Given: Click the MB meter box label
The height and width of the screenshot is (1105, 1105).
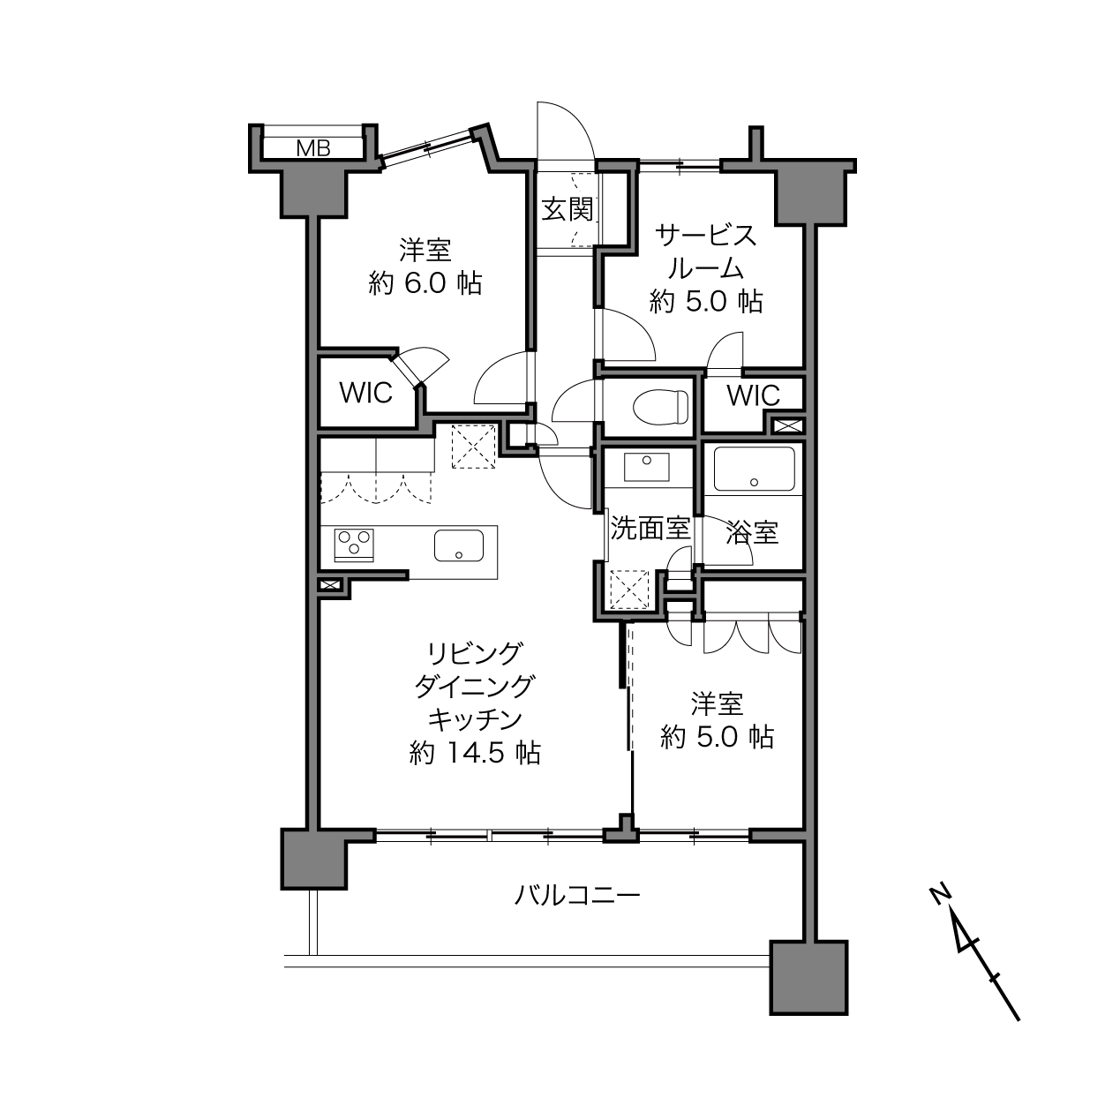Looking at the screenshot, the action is click(x=313, y=148).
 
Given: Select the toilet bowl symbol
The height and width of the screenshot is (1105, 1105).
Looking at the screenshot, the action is click(x=660, y=407).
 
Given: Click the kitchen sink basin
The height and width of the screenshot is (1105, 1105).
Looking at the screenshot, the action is click(x=459, y=545).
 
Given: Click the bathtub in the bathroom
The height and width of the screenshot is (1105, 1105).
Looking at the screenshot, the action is click(x=754, y=469).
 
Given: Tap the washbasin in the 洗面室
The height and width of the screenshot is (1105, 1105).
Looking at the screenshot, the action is click(x=647, y=467).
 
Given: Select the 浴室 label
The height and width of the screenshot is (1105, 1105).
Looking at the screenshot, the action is click(x=752, y=533).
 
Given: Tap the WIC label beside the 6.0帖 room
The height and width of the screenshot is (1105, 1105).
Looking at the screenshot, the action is click(x=366, y=393).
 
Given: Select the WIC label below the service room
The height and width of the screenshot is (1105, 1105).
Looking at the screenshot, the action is click(x=754, y=395).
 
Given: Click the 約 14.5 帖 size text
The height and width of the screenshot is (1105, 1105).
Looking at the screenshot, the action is click(x=475, y=753).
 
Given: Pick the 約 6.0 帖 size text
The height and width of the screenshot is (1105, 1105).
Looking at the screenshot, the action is click(x=425, y=283).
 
